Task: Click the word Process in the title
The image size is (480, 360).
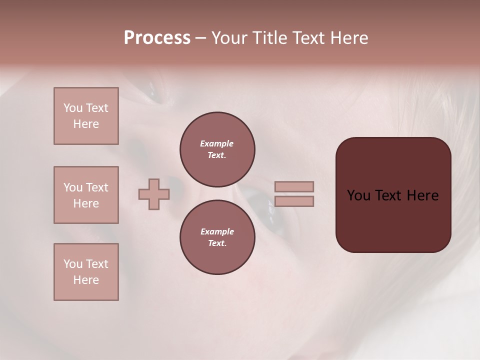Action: (157, 38)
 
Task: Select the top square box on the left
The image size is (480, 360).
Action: (86, 116)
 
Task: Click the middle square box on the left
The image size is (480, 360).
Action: (86, 195)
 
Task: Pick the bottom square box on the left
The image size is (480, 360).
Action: (86, 272)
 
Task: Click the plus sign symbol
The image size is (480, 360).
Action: (154, 194)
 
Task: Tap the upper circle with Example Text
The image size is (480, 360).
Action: (217, 149)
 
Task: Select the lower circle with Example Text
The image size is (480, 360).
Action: (217, 237)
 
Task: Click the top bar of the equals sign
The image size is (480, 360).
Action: (294, 186)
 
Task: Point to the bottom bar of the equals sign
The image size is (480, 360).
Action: (294, 201)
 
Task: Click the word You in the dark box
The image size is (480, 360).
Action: (359, 195)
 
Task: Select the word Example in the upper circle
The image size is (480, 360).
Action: (216, 143)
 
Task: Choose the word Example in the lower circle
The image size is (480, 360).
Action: (217, 231)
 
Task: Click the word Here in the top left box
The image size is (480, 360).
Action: (86, 124)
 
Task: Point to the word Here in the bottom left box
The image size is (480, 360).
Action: (86, 280)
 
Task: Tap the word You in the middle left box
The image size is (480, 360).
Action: (73, 187)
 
